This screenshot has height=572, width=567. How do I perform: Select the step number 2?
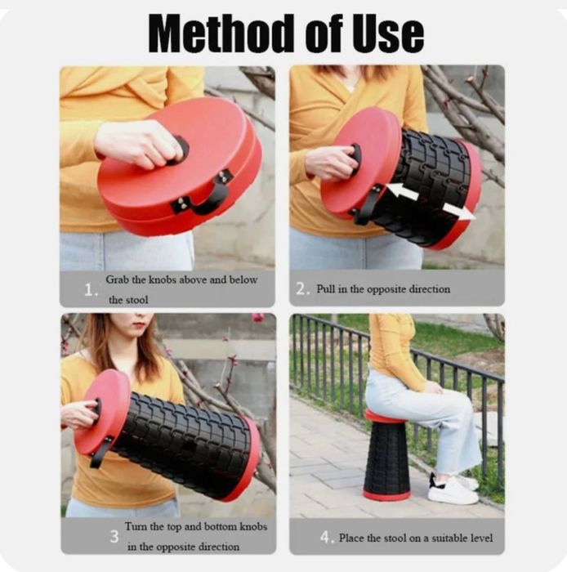302,289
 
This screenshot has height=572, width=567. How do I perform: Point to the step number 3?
114,536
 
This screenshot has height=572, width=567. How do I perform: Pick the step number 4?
327,538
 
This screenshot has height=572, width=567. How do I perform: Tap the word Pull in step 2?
326,289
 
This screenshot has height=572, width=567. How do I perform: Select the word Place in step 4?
351,538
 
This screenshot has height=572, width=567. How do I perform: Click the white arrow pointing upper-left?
401,191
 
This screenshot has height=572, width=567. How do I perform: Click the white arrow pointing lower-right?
458,212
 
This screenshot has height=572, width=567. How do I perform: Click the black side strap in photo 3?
101,452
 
